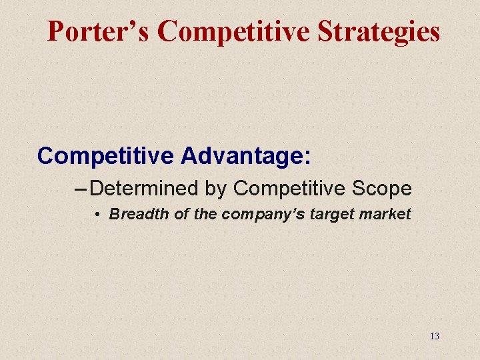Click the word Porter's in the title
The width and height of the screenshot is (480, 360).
99,31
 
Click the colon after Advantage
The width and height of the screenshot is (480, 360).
307,157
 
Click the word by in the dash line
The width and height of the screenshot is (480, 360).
216,189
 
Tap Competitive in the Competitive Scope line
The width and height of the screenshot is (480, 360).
287,189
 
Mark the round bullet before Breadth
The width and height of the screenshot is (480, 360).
97,215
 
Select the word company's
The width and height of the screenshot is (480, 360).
255,215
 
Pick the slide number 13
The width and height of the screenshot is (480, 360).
435,336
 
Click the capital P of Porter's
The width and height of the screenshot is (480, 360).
56,31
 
